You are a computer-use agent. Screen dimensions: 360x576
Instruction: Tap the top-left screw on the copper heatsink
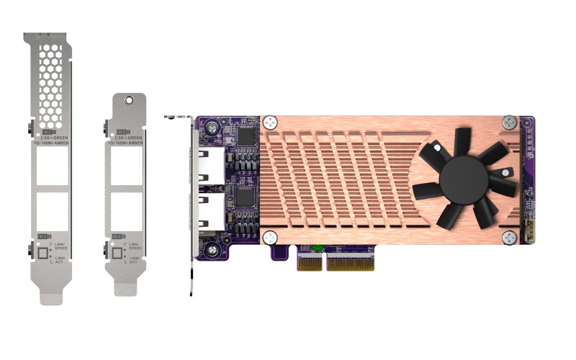[x=271, y=122]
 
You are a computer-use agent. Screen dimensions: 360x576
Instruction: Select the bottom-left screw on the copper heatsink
[x=271, y=237]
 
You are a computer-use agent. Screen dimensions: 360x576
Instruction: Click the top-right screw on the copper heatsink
[x=509, y=122]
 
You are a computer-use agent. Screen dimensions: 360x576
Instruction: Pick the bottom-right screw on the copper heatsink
[x=509, y=237]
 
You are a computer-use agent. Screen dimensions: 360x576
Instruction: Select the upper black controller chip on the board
[x=246, y=136]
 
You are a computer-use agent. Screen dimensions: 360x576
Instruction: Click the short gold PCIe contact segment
[x=310, y=263]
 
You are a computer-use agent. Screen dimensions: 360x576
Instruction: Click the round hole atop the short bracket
[x=127, y=102]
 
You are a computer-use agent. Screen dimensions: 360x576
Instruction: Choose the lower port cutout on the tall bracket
[x=52, y=212]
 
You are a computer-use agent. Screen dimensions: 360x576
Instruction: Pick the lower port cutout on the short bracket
[x=127, y=212]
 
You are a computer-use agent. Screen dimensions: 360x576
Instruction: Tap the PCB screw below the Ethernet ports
[x=214, y=249]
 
